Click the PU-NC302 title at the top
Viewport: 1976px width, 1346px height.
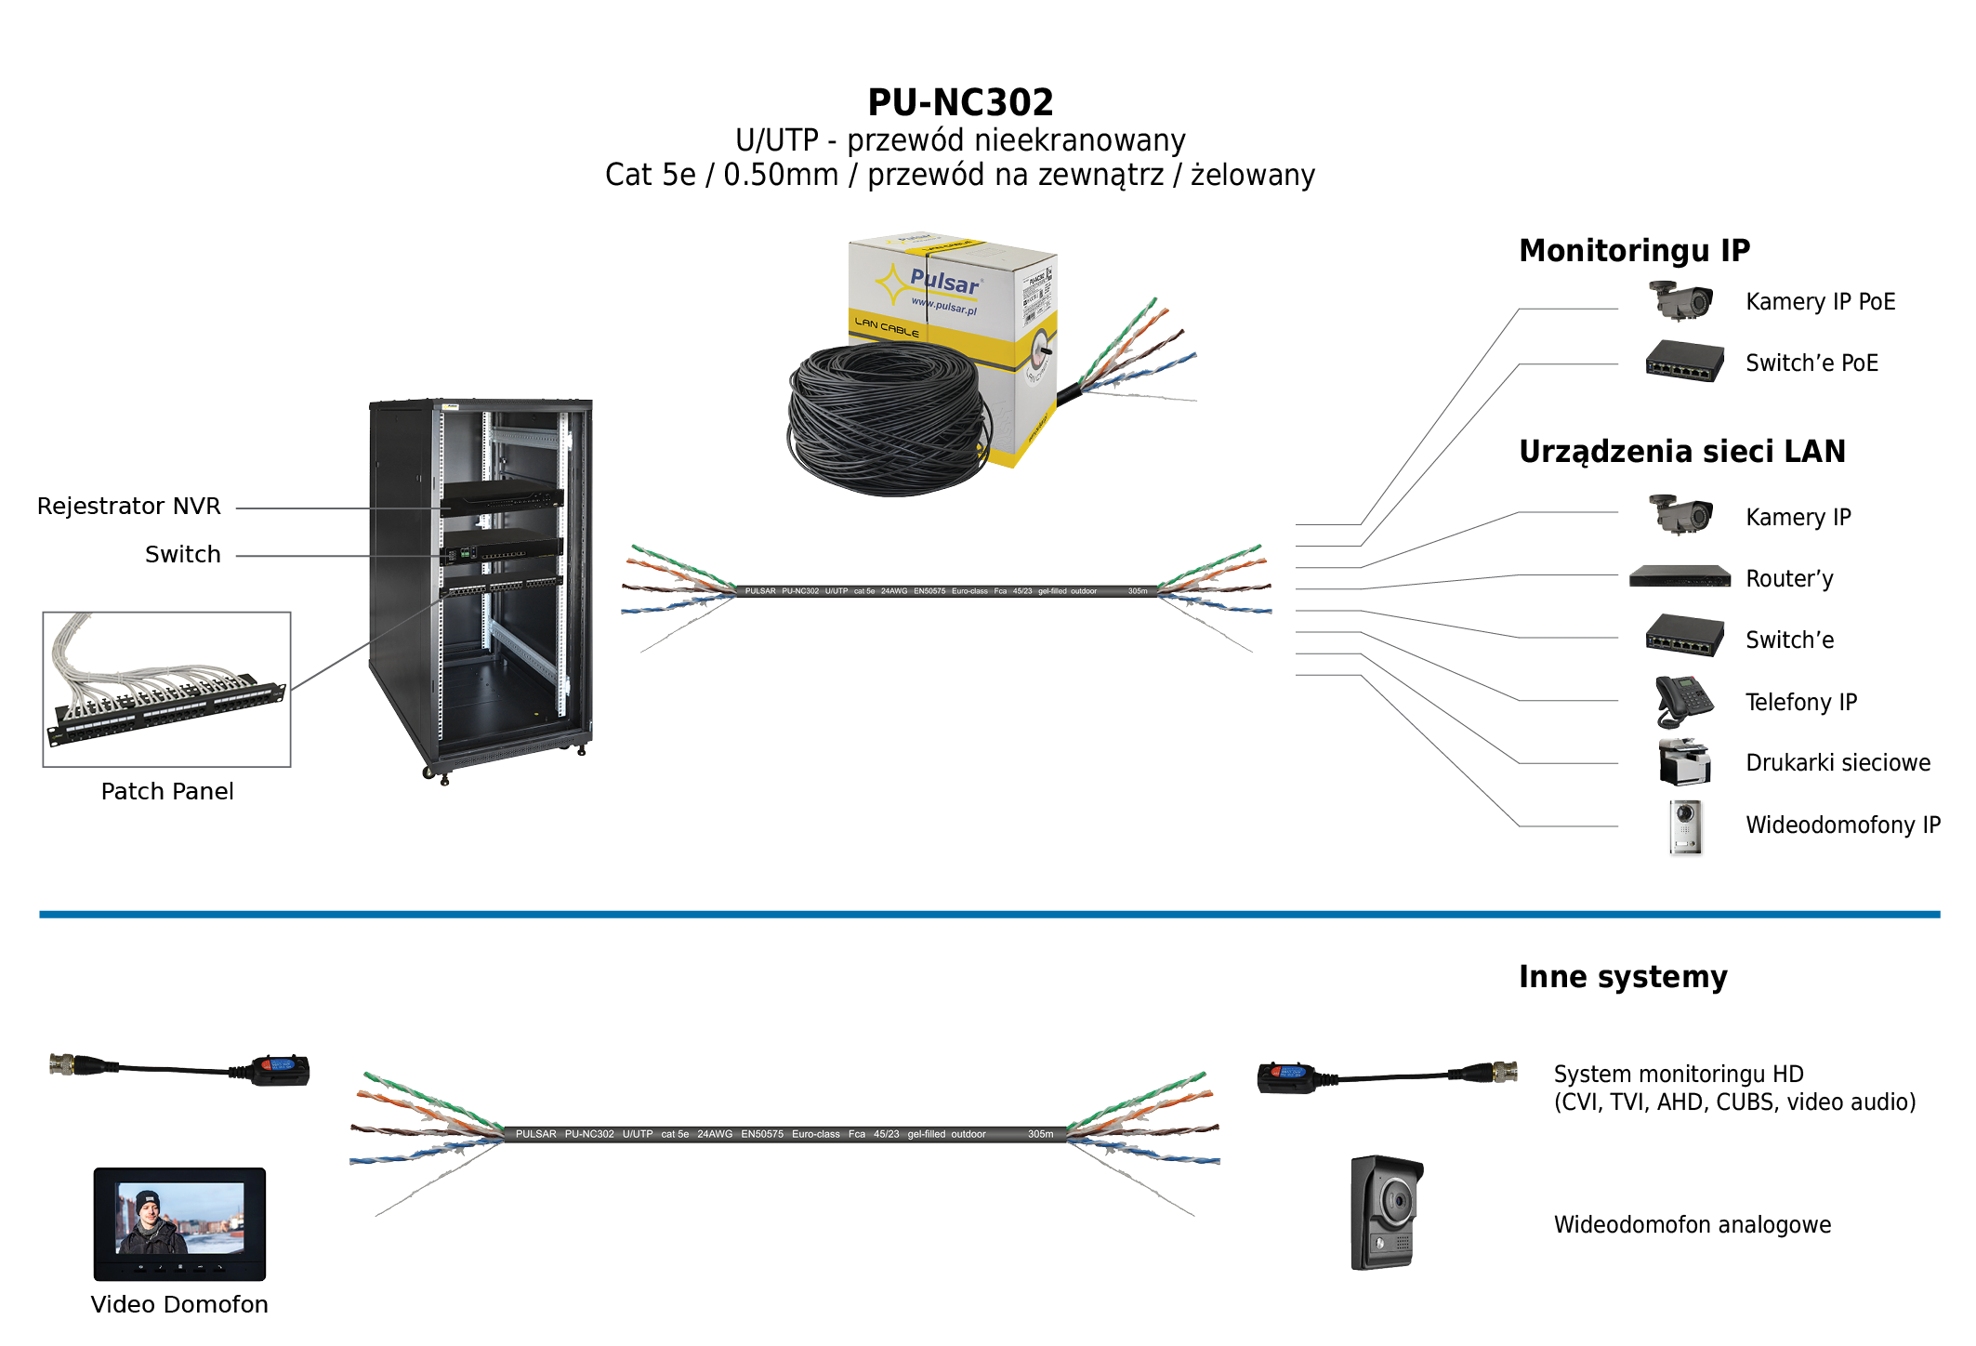[x=960, y=102]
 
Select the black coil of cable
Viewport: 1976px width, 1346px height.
[x=883, y=418]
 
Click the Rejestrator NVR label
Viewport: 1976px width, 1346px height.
[x=128, y=507]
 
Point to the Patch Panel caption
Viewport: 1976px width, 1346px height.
[x=167, y=791]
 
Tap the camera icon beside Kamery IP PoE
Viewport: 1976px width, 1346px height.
[x=1681, y=300]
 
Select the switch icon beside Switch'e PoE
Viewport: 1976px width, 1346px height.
[x=1684, y=362]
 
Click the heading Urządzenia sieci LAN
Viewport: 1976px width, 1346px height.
[x=1681, y=451]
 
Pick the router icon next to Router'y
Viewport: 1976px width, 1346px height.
[x=1680, y=577]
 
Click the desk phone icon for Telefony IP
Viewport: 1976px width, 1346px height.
[x=1683, y=701]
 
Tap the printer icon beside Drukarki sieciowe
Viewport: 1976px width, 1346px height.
[x=1684, y=762]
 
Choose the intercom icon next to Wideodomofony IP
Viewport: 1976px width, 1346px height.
[x=1685, y=827]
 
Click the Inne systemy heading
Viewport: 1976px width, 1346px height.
[x=1623, y=977]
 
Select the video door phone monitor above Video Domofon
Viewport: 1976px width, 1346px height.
[x=179, y=1223]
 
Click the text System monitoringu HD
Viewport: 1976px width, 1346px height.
[x=1678, y=1075]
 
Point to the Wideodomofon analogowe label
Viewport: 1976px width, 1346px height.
[x=1692, y=1225]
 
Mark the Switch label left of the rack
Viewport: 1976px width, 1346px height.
[x=183, y=555]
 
